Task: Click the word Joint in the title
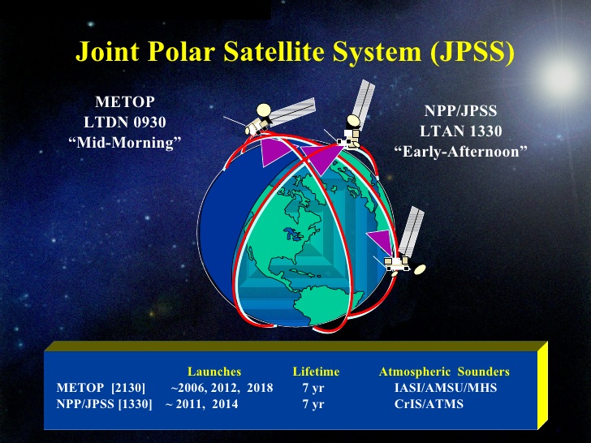pos(107,51)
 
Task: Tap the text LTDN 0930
pos(125,122)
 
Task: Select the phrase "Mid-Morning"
pos(125,143)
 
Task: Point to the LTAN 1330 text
pos(461,131)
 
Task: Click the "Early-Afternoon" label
pos(460,152)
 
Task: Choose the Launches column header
pos(214,372)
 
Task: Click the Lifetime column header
pos(316,372)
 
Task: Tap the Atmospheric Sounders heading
pos(444,372)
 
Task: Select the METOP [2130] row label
pos(101,388)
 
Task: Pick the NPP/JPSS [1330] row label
pos(104,404)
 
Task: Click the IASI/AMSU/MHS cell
pos(446,388)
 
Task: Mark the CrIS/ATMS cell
pos(429,404)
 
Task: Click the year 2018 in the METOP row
pos(260,388)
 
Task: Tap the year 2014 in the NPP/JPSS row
pos(225,404)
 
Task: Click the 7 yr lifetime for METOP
pos(313,388)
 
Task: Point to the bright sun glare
pos(559,76)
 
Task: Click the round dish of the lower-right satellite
pos(420,269)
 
